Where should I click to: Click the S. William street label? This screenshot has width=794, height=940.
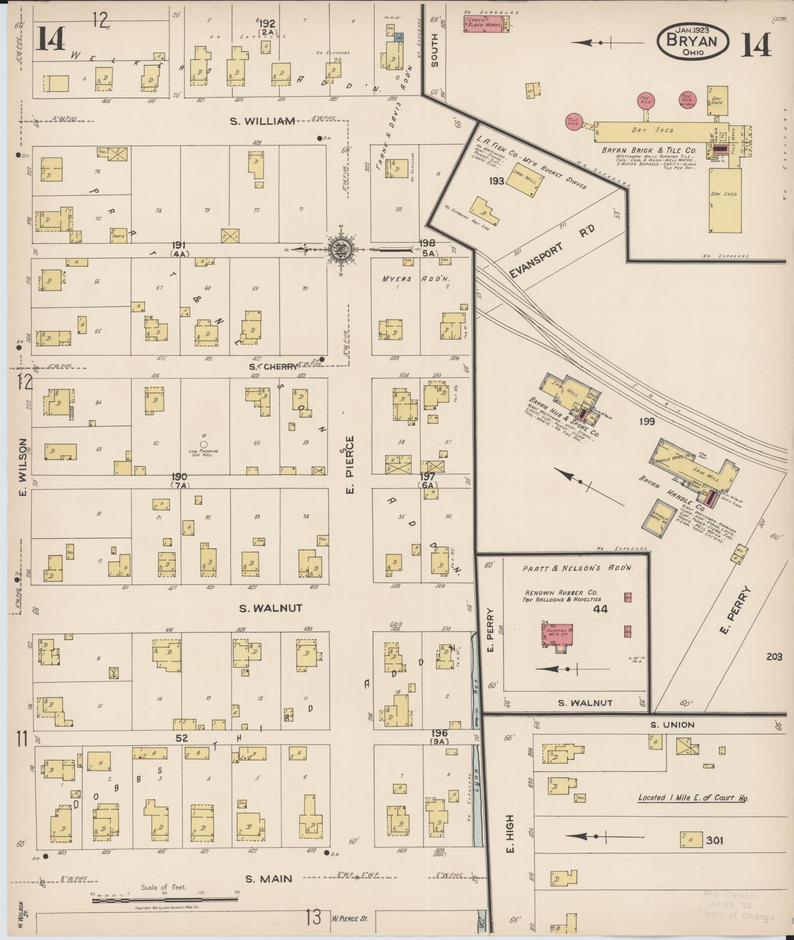point(263,121)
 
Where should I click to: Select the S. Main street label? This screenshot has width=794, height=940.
point(269,879)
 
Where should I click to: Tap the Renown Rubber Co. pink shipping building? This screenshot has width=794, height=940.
point(558,635)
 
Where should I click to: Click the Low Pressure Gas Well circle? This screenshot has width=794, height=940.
point(204,443)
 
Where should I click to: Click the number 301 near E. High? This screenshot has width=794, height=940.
point(714,840)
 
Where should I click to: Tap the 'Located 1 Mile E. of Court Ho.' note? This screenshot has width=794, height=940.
point(693,798)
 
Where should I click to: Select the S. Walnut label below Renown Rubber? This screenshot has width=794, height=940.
point(585,703)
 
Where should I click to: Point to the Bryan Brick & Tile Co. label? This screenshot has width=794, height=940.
point(649,150)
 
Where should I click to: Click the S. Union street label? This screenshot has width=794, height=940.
point(672,725)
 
